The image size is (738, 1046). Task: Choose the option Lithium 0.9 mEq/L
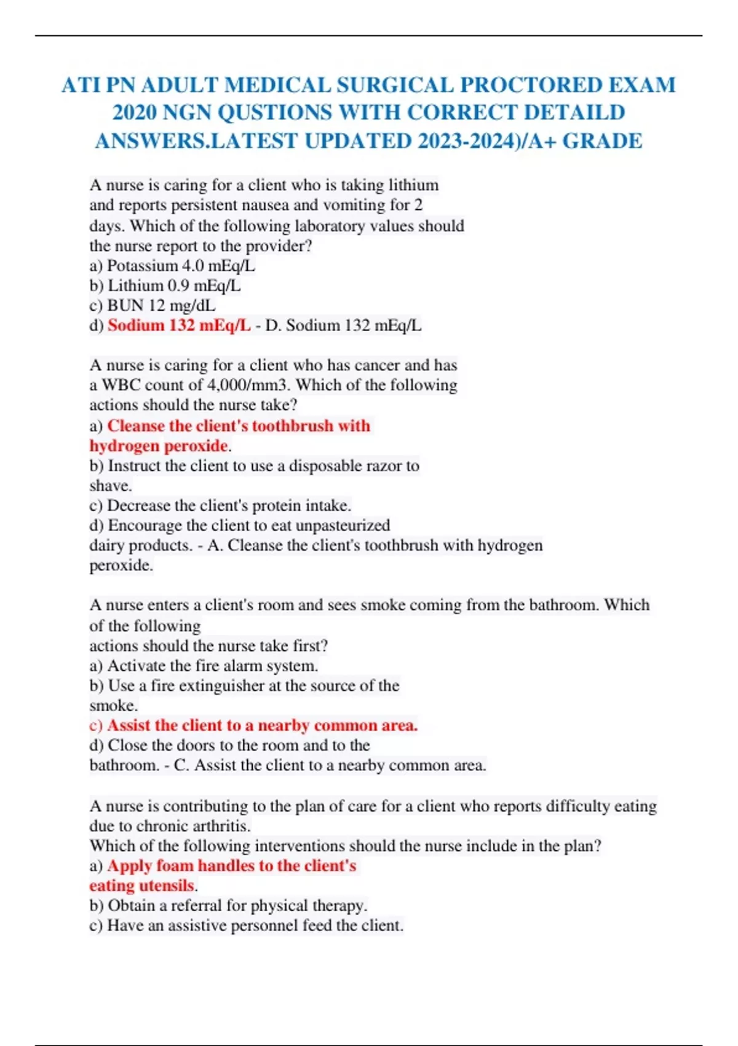(x=174, y=285)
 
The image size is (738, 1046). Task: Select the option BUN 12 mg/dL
(x=161, y=305)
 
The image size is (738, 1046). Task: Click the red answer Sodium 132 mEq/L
(x=179, y=325)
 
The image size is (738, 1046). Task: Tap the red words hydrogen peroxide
(x=159, y=445)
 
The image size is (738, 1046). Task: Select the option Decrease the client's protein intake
(x=229, y=506)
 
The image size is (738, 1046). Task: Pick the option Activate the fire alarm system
(x=212, y=666)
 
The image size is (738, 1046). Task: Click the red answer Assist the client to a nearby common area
(x=262, y=725)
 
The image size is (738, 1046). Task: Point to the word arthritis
(x=220, y=826)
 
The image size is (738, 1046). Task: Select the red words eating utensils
(x=141, y=885)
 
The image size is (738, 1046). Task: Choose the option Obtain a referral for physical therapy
(x=237, y=906)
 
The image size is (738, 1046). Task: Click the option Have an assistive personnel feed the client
(x=255, y=925)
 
